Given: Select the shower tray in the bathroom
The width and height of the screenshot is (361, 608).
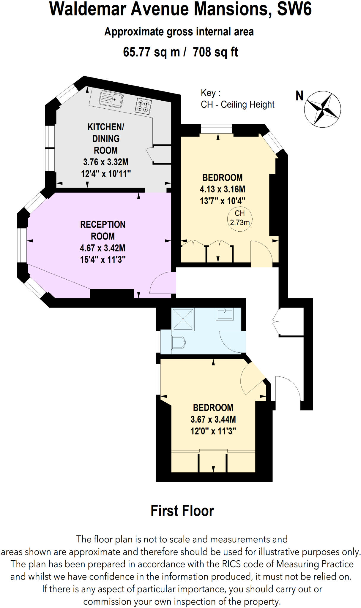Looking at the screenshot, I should [x=183, y=319].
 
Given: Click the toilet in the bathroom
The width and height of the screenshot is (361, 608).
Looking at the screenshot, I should [x=178, y=343].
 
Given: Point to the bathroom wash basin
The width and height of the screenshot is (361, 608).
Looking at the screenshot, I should [x=225, y=314].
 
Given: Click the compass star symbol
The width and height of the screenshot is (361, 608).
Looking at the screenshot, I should [x=322, y=109].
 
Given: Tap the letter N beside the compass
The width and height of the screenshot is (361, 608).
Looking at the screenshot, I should [x=299, y=96].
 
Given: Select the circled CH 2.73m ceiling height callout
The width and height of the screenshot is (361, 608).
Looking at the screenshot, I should [x=240, y=218].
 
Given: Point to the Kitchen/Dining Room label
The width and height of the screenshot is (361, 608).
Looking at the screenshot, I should [x=106, y=138].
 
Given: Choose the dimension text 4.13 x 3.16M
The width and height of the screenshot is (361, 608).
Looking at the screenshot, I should [x=222, y=189].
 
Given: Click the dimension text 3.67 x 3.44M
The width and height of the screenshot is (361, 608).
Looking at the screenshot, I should [x=213, y=419].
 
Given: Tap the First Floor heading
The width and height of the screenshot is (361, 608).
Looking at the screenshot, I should [x=182, y=511].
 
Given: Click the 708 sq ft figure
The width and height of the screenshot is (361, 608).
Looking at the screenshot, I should [x=215, y=52].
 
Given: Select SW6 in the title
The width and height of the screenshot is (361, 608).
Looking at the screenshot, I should [x=294, y=9].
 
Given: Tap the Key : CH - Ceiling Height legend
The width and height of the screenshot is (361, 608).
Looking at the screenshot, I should [x=237, y=99].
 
